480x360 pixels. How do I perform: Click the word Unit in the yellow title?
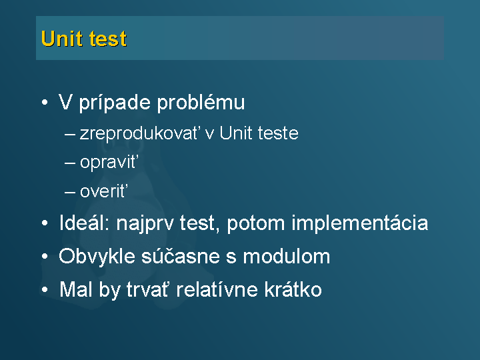point(62,39)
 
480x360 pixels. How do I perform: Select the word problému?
point(201,102)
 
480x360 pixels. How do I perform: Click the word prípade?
point(115,103)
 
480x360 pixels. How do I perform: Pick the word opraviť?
point(109,162)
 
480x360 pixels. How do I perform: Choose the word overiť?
point(104,191)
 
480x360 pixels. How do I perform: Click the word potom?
point(256,223)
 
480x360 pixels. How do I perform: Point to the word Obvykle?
point(97,256)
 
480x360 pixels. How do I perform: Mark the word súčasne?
point(181,256)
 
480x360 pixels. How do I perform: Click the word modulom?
point(287,256)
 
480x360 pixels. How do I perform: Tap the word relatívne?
point(217,289)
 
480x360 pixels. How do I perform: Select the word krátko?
point(293,289)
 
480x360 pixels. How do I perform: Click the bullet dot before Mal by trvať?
point(45,289)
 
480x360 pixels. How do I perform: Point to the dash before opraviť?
point(70,163)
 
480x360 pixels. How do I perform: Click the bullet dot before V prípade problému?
point(45,102)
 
